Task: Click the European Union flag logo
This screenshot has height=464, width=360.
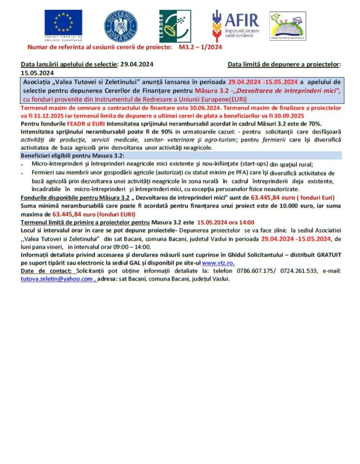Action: pos(63,24)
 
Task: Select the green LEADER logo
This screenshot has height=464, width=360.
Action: pos(174,26)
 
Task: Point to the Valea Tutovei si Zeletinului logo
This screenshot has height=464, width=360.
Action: pos(287,26)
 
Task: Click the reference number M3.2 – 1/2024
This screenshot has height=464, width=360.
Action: pos(200,47)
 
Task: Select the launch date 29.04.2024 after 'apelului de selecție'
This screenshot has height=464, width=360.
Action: pos(136,65)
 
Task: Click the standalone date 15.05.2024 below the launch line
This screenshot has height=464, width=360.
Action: pos(37,73)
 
